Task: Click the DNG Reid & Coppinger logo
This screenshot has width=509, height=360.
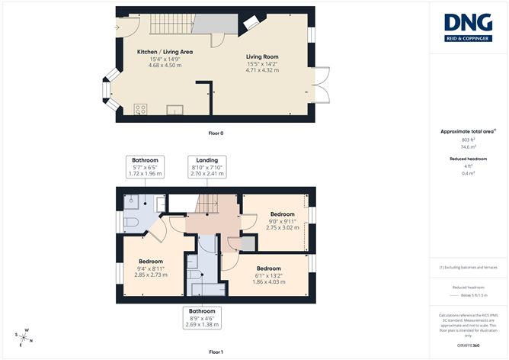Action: pos(468,28)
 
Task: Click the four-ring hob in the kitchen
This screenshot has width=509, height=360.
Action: pos(140,109)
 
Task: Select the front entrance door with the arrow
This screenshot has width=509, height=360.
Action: pos(124,28)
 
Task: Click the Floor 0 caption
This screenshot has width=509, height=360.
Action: pos(216,133)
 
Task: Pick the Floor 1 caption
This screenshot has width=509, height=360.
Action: pos(216,352)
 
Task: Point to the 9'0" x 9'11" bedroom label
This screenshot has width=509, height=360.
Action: pos(281,220)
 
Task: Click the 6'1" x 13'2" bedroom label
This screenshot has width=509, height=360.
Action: pos(268,275)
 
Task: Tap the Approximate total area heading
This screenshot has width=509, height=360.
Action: pos(467,131)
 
